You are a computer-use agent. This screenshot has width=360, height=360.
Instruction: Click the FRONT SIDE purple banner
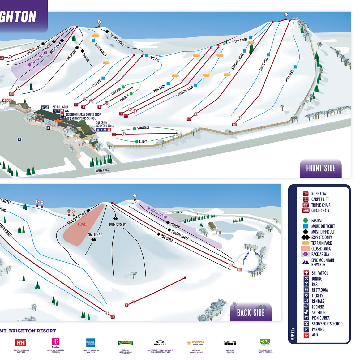[x=321, y=168]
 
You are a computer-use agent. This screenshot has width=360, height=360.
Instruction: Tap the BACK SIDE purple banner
[x=251, y=313]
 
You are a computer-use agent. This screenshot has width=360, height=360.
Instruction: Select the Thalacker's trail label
[x=289, y=76]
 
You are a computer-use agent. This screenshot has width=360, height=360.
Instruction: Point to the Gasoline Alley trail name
[x=185, y=91]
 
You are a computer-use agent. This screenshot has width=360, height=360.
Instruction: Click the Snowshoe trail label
[x=143, y=128]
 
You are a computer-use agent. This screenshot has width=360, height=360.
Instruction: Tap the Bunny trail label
[x=143, y=142]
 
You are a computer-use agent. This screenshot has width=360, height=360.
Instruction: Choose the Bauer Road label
[x=102, y=170]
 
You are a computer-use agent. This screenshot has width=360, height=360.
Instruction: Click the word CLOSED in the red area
[x=83, y=224]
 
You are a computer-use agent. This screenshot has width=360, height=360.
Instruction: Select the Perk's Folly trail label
[x=117, y=225]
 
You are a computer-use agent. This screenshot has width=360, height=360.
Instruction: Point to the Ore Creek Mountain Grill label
[x=105, y=124]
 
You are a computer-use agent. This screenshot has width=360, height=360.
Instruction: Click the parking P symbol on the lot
[x=19, y=140]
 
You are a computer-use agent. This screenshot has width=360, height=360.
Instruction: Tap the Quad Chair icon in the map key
[x=306, y=211]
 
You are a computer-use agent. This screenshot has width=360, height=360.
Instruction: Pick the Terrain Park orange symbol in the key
[x=306, y=243]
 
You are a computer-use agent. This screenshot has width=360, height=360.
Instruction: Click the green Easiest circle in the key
[x=306, y=221]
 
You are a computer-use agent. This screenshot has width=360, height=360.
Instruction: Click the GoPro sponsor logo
[x=230, y=343]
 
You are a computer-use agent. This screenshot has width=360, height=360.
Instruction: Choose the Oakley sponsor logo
[x=160, y=343]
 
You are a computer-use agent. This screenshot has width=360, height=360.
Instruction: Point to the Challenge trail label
[x=95, y=235]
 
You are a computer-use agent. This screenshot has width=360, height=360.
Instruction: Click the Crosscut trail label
[x=154, y=58]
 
